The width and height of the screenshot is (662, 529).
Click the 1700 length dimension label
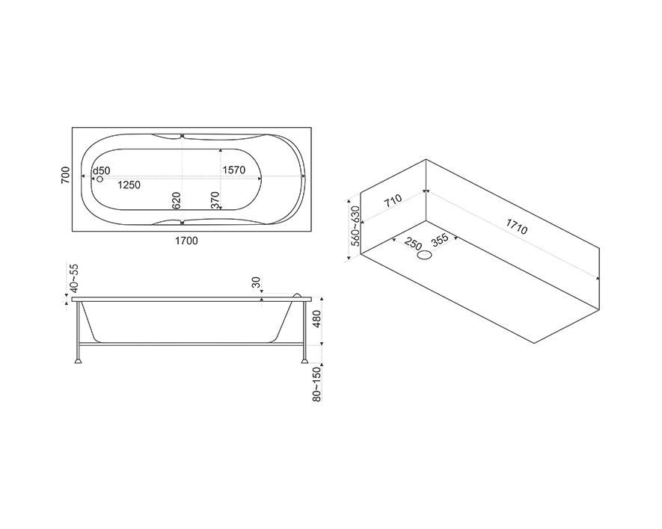point(186,241)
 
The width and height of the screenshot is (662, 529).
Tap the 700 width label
point(65,175)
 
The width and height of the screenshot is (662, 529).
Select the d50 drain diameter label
point(101,171)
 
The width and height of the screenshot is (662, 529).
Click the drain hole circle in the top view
point(99,179)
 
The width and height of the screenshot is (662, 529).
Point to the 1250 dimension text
point(129,185)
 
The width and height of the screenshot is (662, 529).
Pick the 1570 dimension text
point(234,170)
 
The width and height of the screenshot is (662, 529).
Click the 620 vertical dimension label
point(177,200)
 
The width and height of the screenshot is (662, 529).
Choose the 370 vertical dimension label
point(215,200)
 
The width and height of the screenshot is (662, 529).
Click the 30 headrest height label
point(257,282)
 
